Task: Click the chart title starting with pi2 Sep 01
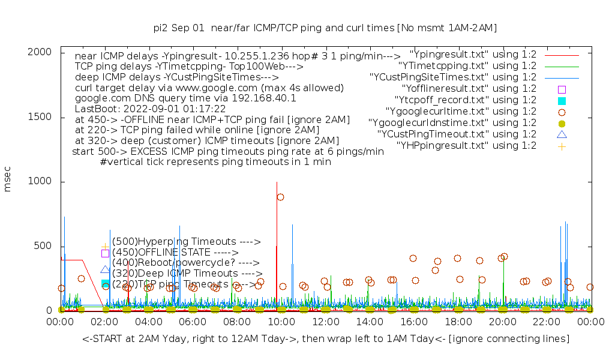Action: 325,28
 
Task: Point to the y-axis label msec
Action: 8,181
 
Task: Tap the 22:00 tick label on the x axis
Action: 546,322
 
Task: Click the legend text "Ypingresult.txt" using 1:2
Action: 473,54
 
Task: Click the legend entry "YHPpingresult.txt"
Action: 466,145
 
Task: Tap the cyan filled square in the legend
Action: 562,100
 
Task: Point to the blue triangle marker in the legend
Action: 562,134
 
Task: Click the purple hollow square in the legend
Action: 562,89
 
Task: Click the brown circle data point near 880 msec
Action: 280,197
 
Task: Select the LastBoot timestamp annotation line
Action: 150,109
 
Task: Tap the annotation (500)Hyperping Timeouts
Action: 186,242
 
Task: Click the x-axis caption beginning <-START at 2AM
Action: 326,339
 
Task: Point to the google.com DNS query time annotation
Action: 185,98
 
